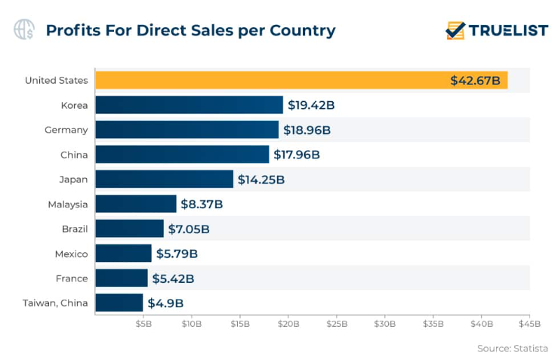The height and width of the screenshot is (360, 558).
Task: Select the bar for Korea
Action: click(189, 105)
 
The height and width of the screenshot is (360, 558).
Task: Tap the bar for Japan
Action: click(164, 179)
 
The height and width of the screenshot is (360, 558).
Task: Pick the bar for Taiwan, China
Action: click(119, 303)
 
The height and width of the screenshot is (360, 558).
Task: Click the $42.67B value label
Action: click(475, 80)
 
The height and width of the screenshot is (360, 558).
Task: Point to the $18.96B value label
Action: click(307, 130)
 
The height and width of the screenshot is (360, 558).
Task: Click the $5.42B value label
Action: click(173, 278)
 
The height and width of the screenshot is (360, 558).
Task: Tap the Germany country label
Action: click(66, 130)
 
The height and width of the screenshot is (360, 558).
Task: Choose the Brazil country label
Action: click(75, 229)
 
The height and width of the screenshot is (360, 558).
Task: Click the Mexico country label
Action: click(71, 254)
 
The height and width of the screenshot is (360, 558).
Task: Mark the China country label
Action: click(75, 155)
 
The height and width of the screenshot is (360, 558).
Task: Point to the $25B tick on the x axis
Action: click(337, 324)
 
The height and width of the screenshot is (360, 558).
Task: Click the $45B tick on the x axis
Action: click(529, 324)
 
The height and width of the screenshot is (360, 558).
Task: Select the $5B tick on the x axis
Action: click(143, 324)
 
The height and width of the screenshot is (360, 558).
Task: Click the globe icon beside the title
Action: click(24, 30)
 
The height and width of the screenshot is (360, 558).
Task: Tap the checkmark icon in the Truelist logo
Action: click(455, 30)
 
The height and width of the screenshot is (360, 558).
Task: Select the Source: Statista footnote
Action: click(512, 348)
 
